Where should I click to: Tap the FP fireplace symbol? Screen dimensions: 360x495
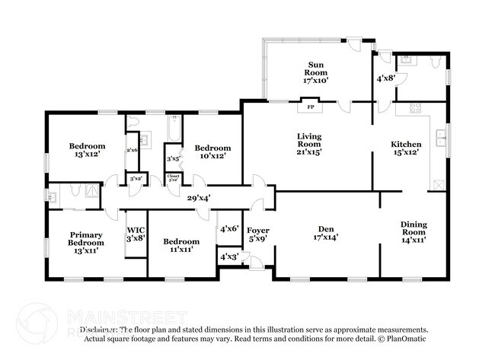coord(311,107)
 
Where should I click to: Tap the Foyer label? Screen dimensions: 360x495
coord(259,230)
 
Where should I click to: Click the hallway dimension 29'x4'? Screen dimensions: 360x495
coord(199,198)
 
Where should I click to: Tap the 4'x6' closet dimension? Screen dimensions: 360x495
coord(229,228)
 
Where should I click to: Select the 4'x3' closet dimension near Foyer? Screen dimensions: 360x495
coord(229,256)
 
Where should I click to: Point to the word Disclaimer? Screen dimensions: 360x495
coord(98,330)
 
